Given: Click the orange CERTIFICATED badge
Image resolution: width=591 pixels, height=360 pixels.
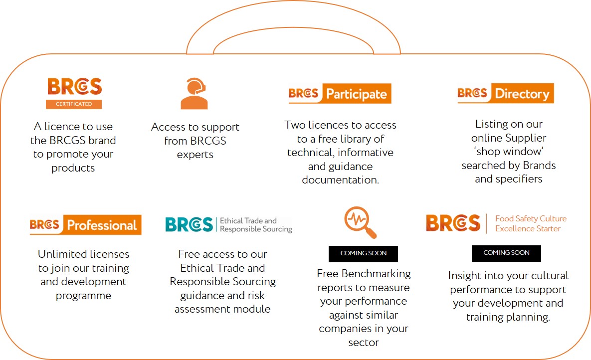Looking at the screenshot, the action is click(74, 104).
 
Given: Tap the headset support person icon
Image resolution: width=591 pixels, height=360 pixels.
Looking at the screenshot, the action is click(194, 93).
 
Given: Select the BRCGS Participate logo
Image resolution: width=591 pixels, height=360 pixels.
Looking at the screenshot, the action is click(340, 93).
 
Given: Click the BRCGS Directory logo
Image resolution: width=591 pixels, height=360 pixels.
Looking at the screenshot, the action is click(505, 93).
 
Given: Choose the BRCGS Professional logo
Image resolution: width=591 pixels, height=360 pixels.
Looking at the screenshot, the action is click(86, 225).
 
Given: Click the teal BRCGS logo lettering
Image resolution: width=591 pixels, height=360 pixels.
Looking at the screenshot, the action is click(189, 225).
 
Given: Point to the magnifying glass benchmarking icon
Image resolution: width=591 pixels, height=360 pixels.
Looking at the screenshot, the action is click(360, 222).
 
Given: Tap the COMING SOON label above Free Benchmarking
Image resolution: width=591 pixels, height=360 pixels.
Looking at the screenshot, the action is click(364, 254).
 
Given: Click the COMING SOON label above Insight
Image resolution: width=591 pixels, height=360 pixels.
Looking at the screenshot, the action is click(506, 253).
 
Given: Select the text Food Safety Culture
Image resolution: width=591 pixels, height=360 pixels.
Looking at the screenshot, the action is click(531, 218).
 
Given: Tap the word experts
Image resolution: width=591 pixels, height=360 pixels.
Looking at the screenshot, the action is click(195, 155).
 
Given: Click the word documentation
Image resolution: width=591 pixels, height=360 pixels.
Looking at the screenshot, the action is click(340, 180).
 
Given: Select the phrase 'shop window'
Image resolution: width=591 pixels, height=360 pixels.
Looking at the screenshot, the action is click(509, 152).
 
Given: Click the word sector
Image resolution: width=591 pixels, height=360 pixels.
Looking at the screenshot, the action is click(364, 343).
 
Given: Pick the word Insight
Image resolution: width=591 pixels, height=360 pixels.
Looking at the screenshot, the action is click(464, 276).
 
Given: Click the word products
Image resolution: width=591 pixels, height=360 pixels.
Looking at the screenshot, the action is click(73, 168).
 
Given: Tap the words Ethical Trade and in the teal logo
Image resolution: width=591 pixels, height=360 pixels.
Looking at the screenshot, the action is click(248, 220).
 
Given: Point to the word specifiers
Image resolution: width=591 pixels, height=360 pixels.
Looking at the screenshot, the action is click(519, 180).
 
